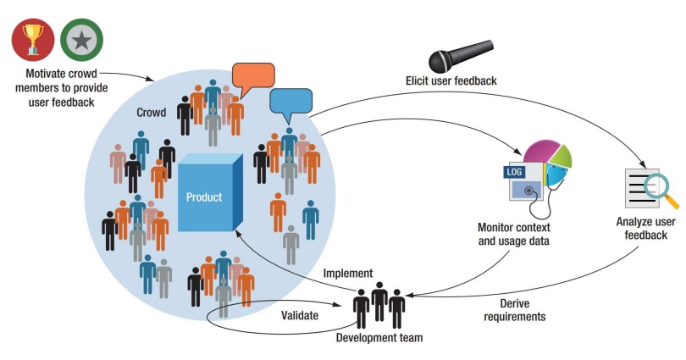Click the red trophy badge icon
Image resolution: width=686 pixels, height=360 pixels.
coord(33,39)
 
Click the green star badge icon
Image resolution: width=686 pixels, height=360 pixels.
coord(83,39)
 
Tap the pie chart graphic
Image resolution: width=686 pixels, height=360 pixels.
coord(547,161)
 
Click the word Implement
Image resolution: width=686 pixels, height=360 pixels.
coord(347,273)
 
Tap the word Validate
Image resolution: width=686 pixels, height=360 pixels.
coord(301,315)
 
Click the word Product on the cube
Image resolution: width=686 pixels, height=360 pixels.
coord(203,197)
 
